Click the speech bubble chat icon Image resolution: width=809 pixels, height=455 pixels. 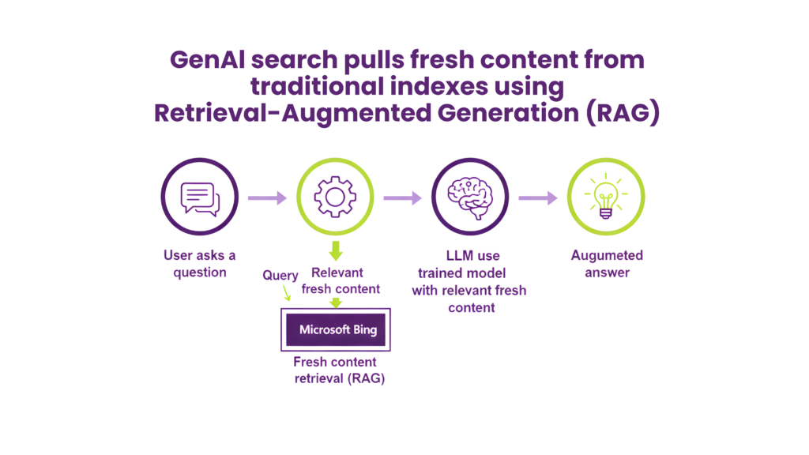point(199,197)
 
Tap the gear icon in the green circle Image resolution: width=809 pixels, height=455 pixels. point(335,197)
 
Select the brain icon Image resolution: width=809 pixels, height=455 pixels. point(470,197)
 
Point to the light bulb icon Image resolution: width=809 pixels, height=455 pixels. point(606,197)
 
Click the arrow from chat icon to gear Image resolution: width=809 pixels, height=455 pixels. point(267,197)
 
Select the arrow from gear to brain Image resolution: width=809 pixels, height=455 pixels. point(402,197)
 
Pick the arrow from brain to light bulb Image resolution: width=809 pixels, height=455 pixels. point(538,197)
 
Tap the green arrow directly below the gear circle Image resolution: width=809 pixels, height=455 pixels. point(336,252)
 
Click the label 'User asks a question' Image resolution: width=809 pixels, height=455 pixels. point(199,264)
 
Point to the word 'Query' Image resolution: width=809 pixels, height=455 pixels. point(280,276)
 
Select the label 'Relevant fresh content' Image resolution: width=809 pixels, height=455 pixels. point(341,280)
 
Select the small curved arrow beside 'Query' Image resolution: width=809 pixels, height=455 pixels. point(285,294)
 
